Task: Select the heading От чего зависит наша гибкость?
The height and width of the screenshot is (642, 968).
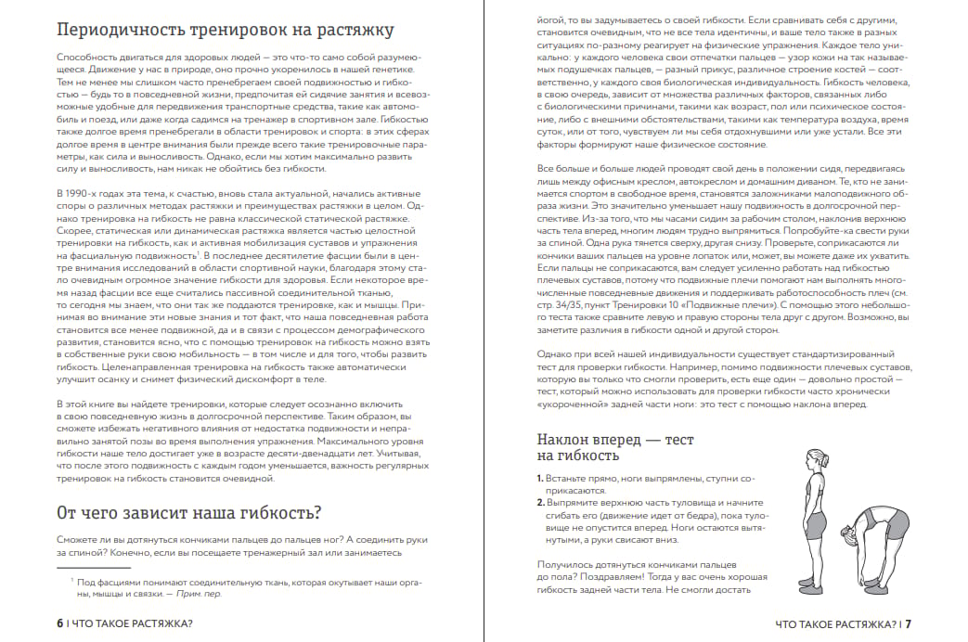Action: click(188, 512)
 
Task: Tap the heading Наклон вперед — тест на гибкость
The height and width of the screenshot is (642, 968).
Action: click(614, 446)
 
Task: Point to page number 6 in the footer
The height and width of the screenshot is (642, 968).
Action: click(59, 623)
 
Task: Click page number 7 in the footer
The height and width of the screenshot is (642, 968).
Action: click(909, 624)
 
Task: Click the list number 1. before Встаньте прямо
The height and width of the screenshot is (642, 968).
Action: click(540, 477)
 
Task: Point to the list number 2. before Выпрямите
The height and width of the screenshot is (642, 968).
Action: click(541, 502)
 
